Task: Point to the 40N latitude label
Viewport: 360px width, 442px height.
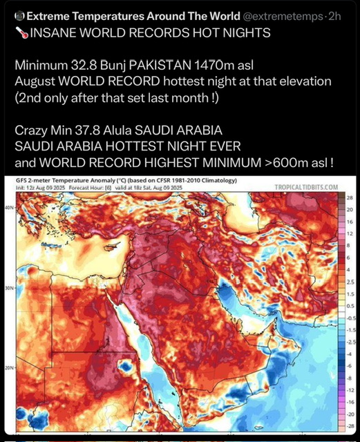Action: (x=9, y=206)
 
